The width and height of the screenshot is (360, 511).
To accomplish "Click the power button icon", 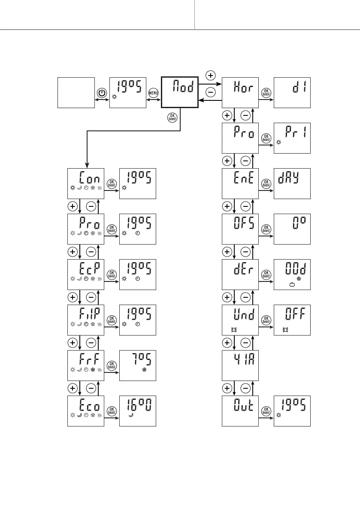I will tap(102, 93).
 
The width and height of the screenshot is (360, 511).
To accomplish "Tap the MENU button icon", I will tap(153, 93).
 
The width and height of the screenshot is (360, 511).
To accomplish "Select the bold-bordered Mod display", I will tap(179, 92).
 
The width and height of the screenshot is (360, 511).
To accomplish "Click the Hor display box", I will tap(240, 93).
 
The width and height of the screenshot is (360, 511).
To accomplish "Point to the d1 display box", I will tap(292, 93).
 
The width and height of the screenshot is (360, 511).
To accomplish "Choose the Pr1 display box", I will tap(292, 138).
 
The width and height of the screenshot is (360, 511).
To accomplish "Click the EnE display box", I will tap(240, 184).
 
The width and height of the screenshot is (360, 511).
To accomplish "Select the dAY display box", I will tap(292, 184).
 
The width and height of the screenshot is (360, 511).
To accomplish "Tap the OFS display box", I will tap(240, 229).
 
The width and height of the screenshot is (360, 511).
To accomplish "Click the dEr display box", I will tap(240, 275).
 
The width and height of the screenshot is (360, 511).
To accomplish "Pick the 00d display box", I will tap(292, 275).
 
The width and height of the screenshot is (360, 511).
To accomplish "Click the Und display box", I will tap(240, 320).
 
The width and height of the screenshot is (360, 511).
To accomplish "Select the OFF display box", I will tap(292, 320).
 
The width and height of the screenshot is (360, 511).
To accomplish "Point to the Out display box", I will tap(240, 411).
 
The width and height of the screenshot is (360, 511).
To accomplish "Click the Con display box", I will tap(86, 184).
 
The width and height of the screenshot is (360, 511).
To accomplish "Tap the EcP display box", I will tap(86, 275).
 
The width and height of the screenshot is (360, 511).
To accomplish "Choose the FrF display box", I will tap(86, 366).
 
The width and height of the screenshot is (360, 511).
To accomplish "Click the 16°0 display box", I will tap(137, 411).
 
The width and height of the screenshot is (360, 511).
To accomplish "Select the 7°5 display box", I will tap(137, 366).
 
